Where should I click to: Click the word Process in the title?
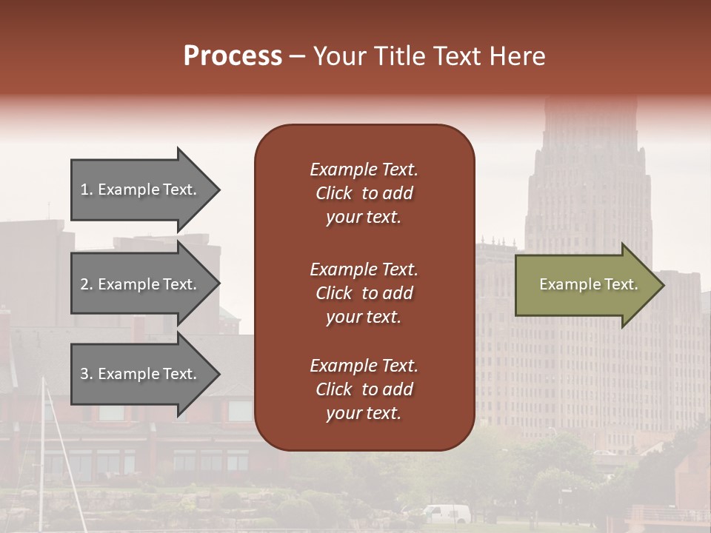click(233, 56)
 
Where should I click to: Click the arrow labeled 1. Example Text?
click(141, 190)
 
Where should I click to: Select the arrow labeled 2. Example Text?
click(141, 285)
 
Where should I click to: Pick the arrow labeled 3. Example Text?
click(141, 375)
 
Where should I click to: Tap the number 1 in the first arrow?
click(84, 190)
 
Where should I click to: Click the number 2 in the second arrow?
click(84, 285)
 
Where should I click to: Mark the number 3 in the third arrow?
click(84, 375)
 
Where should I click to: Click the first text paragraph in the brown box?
click(364, 193)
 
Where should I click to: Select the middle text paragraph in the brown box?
click(364, 293)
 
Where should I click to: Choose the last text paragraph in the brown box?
click(364, 389)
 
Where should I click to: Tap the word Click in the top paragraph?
click(333, 193)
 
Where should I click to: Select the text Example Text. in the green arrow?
click(588, 285)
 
